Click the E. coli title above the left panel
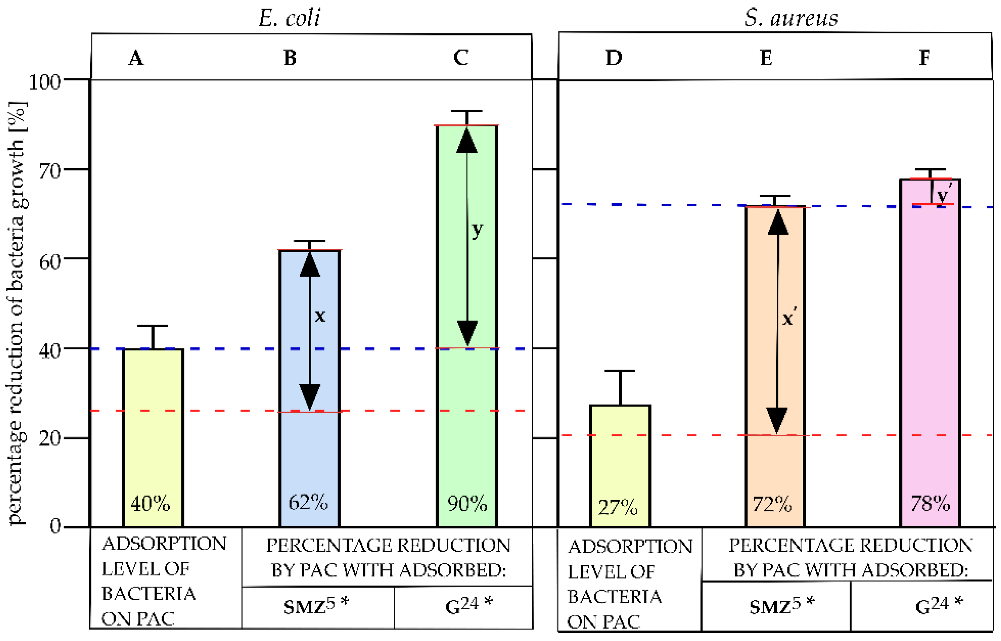pos(289,18)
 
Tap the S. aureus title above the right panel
pos(791,18)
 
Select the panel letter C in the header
pos(461,57)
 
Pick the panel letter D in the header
pos(613,57)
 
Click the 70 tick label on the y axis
pos(49,171)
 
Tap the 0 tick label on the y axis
pos(55,526)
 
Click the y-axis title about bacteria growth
pos(18,312)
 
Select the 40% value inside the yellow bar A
pos(150,504)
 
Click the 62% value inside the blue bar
pos(308,502)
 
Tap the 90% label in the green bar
pos(467,504)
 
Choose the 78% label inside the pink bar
pos(930,504)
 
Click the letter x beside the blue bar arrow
pos(320,316)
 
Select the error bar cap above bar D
pos(619,370)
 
